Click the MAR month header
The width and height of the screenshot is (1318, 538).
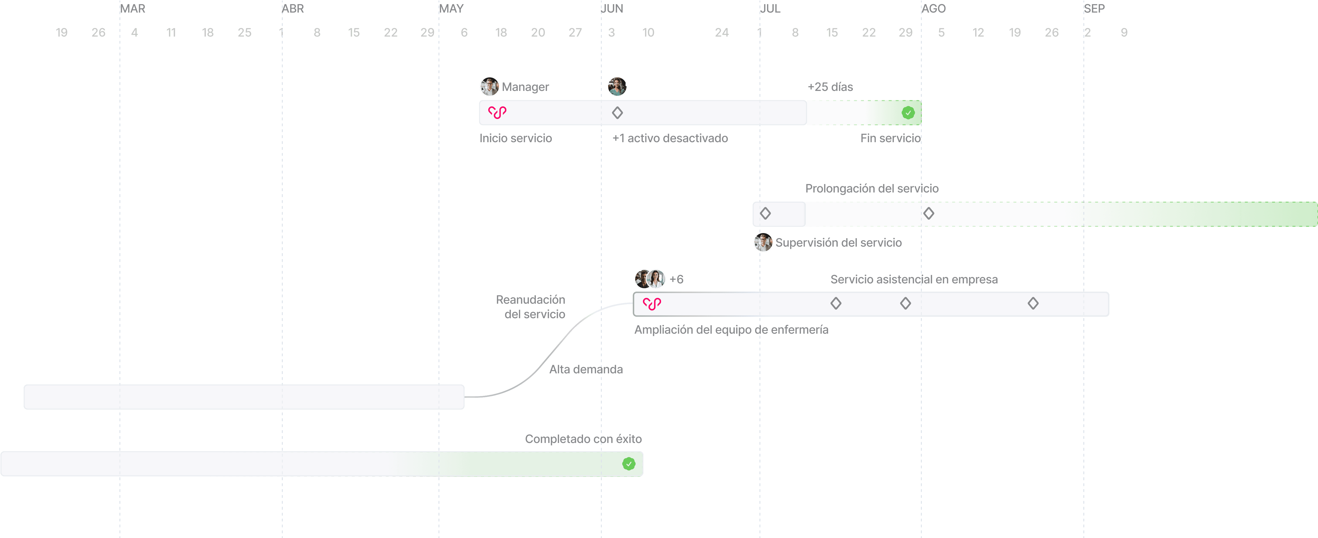pos(132,9)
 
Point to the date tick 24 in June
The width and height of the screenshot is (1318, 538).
pos(721,33)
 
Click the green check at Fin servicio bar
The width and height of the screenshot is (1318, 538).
pos(908,113)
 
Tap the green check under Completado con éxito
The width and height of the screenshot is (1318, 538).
pos(629,464)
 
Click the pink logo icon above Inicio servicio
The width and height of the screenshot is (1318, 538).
pos(497,112)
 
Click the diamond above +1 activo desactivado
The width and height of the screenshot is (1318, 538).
pos(618,113)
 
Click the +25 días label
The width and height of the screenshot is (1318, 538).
pos(830,87)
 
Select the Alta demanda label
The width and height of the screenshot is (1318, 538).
pos(586,369)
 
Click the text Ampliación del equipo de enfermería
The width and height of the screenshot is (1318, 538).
pos(731,330)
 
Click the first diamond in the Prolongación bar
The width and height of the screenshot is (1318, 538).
pos(765,214)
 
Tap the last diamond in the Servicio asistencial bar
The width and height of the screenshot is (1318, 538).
pos(1033,303)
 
